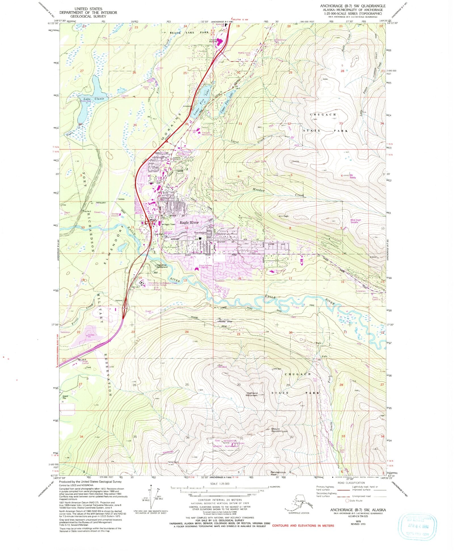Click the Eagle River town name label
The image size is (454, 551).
pos(189,223)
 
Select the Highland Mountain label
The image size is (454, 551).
pos(252,394)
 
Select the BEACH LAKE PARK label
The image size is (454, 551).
pos(185,33)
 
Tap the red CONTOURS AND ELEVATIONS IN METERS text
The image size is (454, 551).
pos(303,525)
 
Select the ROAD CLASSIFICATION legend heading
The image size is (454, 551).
pos(351,483)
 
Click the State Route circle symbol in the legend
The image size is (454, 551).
pos(346,501)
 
